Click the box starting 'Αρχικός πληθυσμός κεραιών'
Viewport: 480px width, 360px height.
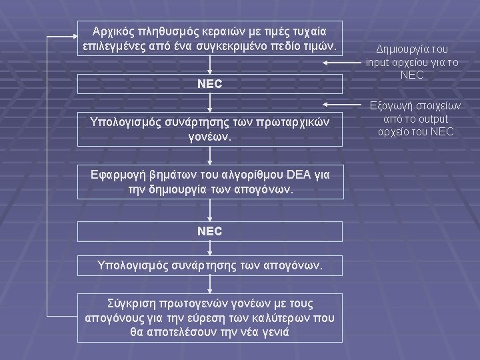click(211, 39)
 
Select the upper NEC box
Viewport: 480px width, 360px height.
click(211, 84)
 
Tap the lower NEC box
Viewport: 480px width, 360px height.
click(211, 232)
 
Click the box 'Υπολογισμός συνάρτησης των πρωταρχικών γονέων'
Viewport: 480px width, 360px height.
click(211, 129)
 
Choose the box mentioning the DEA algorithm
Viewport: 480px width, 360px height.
click(211, 181)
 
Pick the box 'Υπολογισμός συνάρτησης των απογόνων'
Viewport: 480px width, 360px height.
click(211, 265)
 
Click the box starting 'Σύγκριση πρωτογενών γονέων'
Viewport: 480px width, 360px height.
click(211, 317)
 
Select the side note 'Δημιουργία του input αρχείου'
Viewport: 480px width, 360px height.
click(412, 62)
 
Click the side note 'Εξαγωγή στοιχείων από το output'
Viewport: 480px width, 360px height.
click(412, 119)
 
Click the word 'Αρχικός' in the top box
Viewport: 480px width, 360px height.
click(111, 31)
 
